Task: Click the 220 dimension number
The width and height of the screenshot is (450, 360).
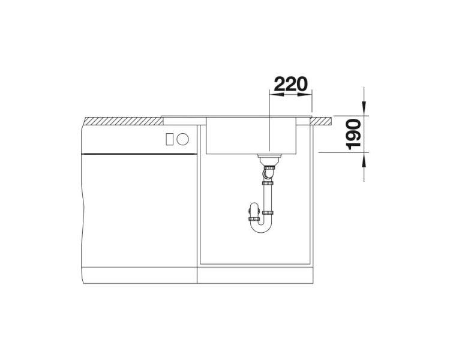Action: (291, 84)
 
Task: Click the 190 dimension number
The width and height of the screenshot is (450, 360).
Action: (353, 134)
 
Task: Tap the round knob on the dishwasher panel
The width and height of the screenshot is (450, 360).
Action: (183, 139)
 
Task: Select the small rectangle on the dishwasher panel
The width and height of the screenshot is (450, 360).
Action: (169, 139)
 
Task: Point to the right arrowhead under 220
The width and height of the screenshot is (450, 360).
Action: (304, 94)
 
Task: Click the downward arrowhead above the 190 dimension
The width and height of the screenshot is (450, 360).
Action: (364, 108)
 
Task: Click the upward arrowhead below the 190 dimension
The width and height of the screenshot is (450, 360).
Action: (364, 160)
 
